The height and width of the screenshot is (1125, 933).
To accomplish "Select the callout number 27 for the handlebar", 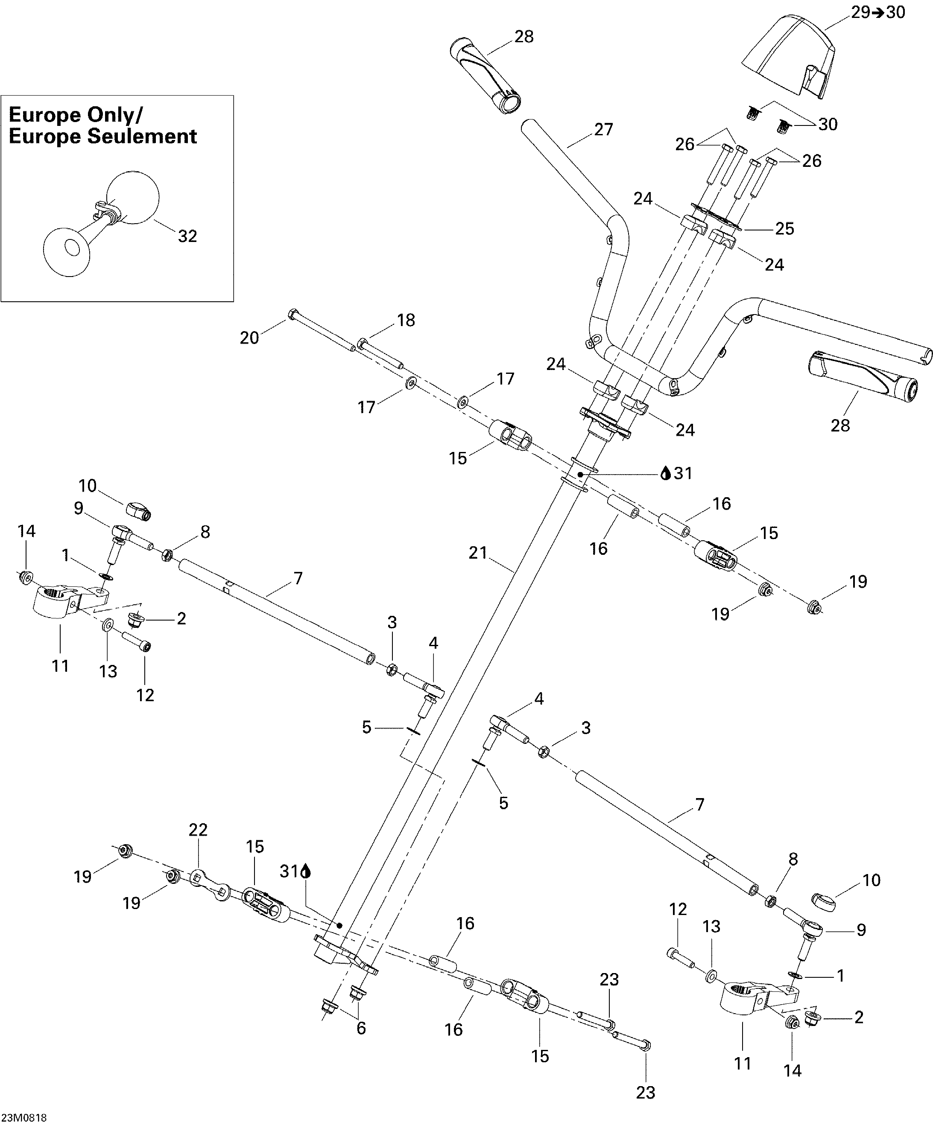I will pyautogui.click(x=603, y=130).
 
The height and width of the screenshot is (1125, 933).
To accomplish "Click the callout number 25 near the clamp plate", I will pyautogui.click(x=784, y=229).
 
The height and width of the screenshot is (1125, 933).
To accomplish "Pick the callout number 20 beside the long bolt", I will pyautogui.click(x=249, y=338).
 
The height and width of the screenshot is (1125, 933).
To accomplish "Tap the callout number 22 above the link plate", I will pyautogui.click(x=198, y=830).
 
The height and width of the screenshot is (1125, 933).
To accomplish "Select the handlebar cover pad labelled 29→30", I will pyautogui.click(x=787, y=59).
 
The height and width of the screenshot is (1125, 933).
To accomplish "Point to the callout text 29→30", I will pyautogui.click(x=878, y=12).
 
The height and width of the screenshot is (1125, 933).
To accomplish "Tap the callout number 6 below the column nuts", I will pyautogui.click(x=361, y=1028).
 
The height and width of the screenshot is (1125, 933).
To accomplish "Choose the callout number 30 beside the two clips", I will pyautogui.click(x=828, y=124).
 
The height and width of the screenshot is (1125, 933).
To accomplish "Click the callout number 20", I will pyautogui.click(x=249, y=338).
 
